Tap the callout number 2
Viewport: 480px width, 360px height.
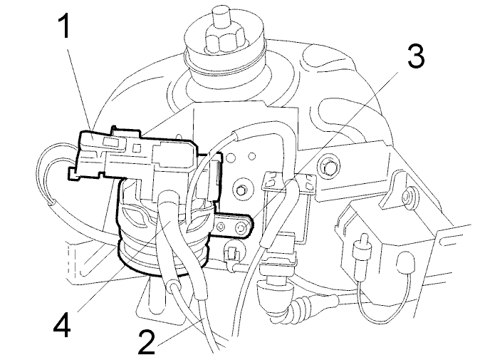click(x=147, y=341)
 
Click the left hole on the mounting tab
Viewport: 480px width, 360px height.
click(x=221, y=227)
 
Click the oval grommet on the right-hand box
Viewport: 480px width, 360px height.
click(x=405, y=261)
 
